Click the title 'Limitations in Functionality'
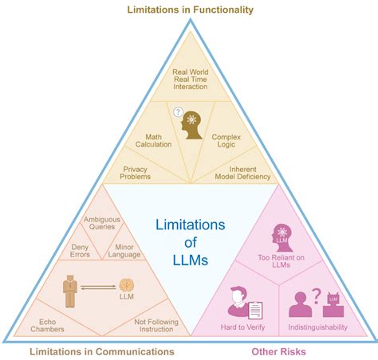[190, 10]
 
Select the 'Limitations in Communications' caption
[101, 351]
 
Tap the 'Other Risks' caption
[279, 351]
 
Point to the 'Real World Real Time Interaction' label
[190, 79]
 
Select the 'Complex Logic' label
[226, 141]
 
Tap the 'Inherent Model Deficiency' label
[243, 173]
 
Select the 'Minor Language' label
[126, 252]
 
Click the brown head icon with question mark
[190, 124]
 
